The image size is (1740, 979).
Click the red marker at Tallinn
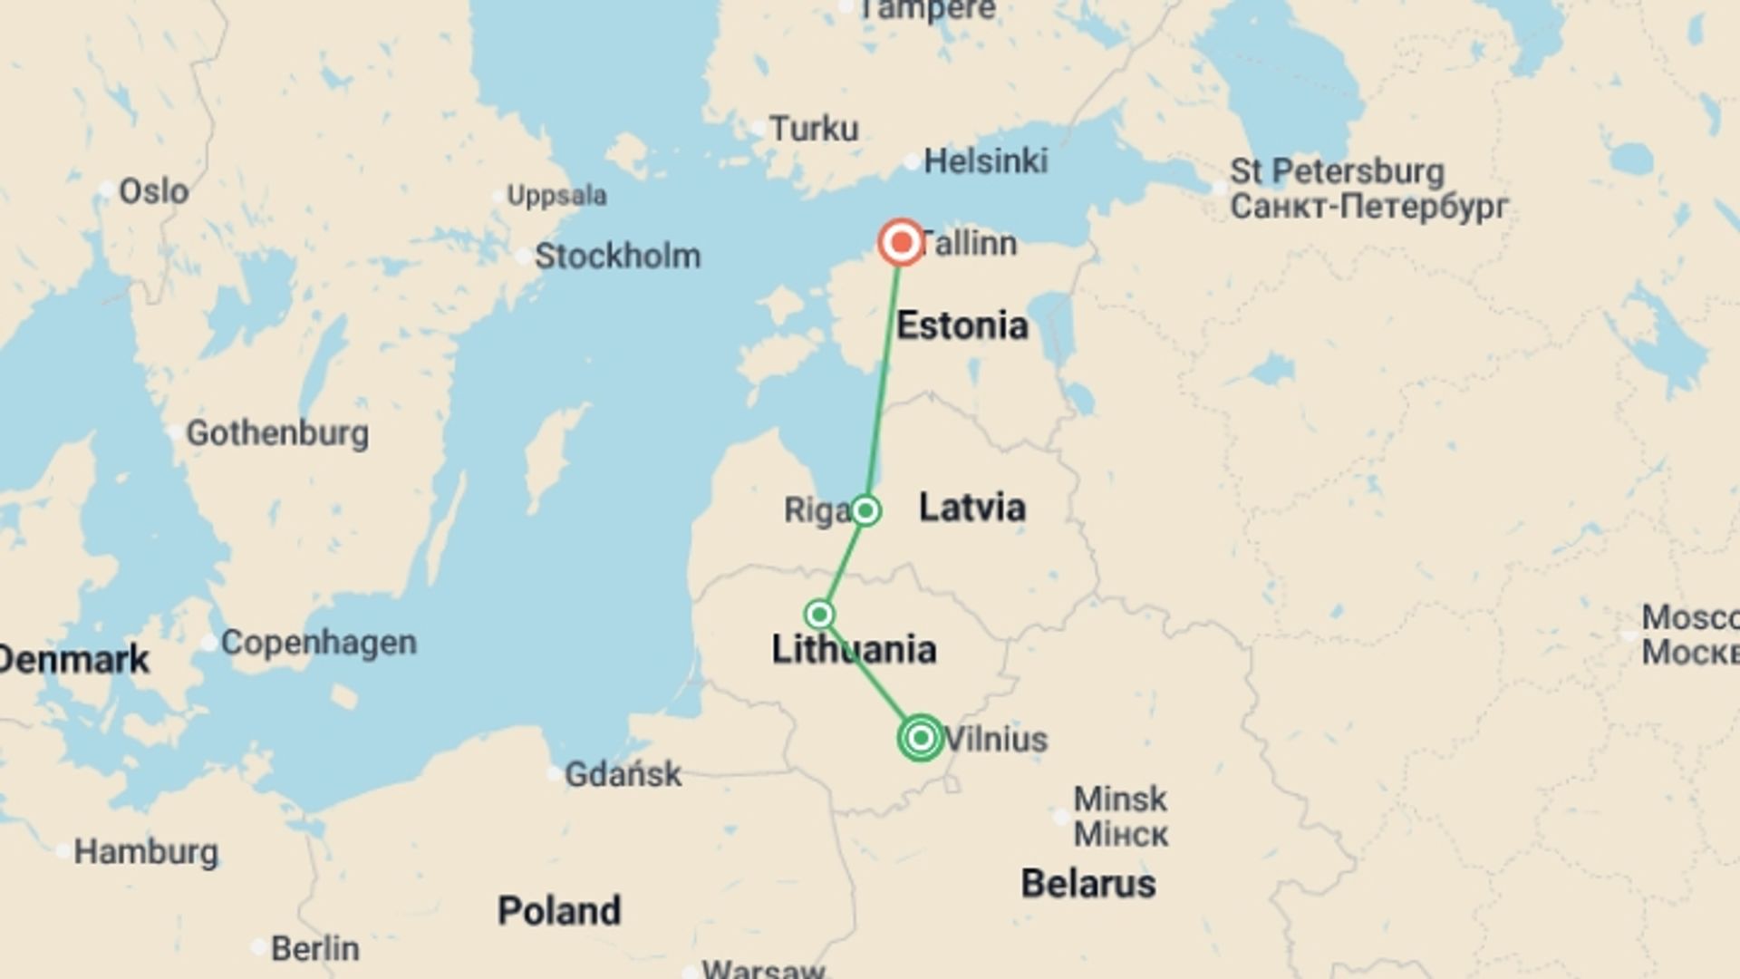902,242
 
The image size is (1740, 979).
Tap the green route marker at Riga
865,510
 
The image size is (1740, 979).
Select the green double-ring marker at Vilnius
921,738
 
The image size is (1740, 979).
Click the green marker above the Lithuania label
820,615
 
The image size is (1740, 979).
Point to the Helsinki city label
985,161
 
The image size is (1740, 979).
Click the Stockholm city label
617,257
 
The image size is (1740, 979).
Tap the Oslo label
154,191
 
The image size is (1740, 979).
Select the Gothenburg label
277,433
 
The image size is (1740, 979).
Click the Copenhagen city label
318,643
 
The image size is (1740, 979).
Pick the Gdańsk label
623,774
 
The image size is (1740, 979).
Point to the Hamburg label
146,852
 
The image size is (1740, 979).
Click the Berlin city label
314,949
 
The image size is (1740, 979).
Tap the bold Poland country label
559,911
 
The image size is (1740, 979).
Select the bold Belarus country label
1087,884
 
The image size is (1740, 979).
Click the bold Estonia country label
962,325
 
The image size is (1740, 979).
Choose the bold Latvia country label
971,508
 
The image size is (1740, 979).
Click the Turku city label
813,129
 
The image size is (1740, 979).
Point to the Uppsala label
556,196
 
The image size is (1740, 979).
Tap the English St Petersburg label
1337,171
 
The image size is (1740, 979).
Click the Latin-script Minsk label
1120,800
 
